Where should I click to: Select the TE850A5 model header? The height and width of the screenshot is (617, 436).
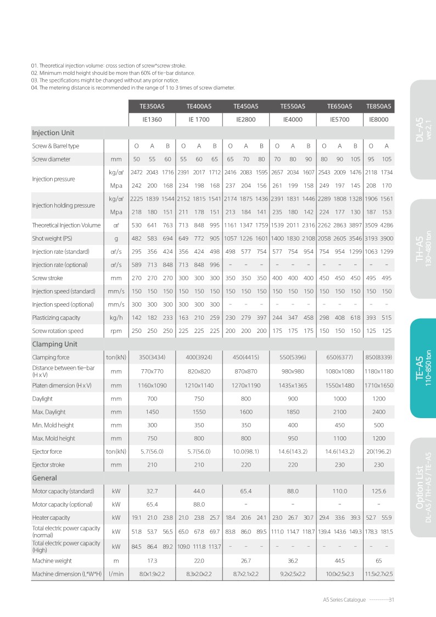click(379, 105)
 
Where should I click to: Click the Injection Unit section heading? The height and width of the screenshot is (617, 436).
click(53, 133)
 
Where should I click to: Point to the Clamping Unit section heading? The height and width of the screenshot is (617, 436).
click(54, 344)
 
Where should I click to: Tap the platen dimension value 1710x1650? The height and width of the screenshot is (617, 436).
click(379, 386)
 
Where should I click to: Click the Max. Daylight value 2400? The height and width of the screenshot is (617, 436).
click(379, 412)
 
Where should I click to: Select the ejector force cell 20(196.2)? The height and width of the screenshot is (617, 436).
click(379, 452)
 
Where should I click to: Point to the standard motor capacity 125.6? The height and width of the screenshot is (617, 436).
click(379, 491)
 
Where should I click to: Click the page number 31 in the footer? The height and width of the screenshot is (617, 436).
click(392, 600)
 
